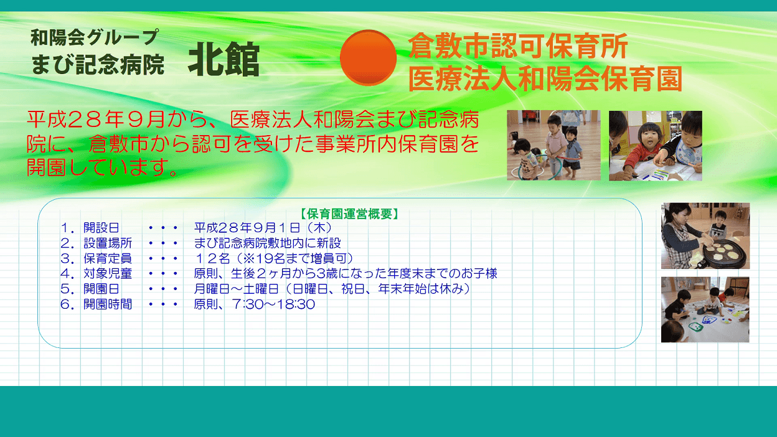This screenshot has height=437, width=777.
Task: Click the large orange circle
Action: pos(368,57)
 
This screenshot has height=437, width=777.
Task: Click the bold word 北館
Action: pos(224,59)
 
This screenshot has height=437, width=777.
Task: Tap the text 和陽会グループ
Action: pos(95,37)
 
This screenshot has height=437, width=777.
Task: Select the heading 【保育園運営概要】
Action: pos(349,214)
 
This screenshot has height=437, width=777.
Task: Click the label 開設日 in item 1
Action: pos(101,228)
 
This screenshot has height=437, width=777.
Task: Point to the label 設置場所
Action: pos(108,243)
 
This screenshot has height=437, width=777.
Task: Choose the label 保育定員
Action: pos(108,258)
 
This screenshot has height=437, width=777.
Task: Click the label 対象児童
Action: pos(108,274)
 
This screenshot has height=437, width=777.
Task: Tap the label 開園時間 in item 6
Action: pos(108,304)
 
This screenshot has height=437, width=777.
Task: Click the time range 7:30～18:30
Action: pos(274,304)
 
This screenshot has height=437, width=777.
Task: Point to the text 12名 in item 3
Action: pos(212,258)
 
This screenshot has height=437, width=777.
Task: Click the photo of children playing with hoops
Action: pos(553,145)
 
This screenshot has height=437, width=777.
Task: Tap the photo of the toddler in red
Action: pos(655,146)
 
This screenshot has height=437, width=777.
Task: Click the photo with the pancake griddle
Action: pos(705,236)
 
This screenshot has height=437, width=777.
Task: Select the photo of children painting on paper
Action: pos(705,309)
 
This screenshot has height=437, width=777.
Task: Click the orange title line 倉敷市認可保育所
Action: pos(518,46)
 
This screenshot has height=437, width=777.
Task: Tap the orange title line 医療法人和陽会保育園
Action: pos(545,78)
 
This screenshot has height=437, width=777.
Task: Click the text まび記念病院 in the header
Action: pos(98,65)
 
